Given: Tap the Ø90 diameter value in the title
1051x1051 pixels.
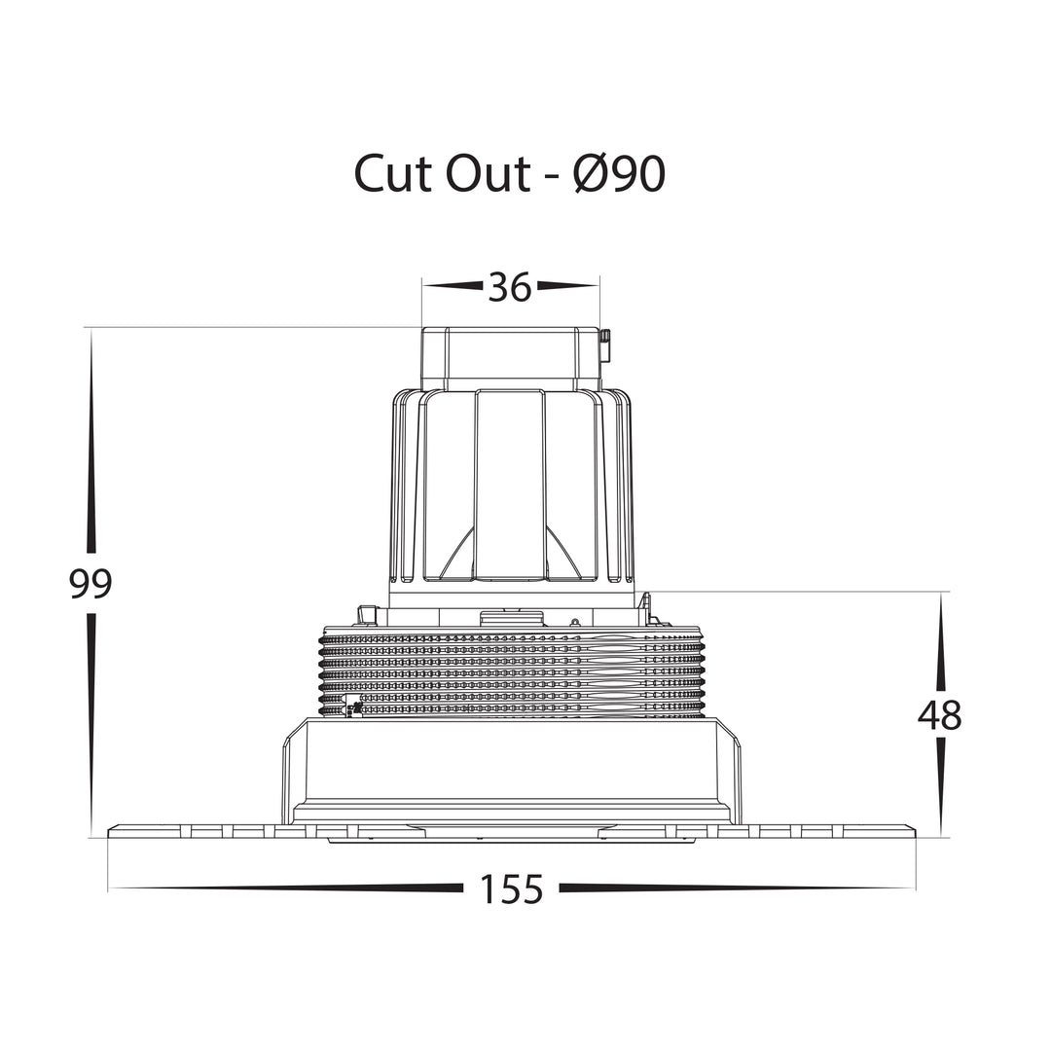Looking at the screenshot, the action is click(x=620, y=173).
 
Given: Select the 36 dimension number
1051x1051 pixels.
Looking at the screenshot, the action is click(x=510, y=287).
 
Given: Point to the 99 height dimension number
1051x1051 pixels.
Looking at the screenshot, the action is click(x=91, y=584).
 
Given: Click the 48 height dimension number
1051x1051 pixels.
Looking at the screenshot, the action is click(x=940, y=715).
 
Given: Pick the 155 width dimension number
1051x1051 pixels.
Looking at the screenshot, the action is click(x=511, y=890).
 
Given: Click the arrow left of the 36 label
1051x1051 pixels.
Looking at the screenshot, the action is click(x=453, y=286).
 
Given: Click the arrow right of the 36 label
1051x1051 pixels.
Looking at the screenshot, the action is click(x=568, y=286).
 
